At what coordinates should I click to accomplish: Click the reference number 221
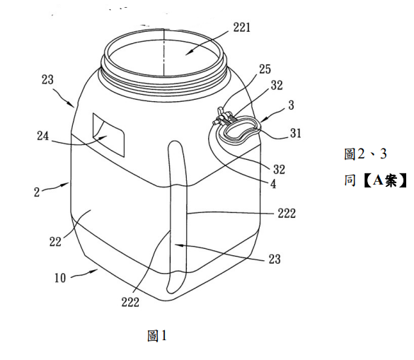pos(241,28)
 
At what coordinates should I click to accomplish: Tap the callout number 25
pos(265,69)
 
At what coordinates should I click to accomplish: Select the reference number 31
pos(295,133)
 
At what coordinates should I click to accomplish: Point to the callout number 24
pos(42,136)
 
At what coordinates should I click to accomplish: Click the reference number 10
pos(60,278)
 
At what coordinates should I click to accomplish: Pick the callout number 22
pos(55,241)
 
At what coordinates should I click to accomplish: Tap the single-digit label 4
pos(273,184)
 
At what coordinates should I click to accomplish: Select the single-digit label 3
pos(291,105)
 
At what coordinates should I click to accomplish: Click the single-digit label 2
pos(37,192)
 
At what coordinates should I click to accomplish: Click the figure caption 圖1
pos(157,336)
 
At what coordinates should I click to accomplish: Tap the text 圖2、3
pos(365,154)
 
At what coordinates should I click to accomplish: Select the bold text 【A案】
pos(385,181)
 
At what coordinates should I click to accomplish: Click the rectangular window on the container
pos(108,134)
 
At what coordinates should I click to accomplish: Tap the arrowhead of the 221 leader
pos(187,54)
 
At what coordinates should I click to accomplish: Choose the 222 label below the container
pos(130,302)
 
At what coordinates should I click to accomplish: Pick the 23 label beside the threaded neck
pos(47,80)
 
